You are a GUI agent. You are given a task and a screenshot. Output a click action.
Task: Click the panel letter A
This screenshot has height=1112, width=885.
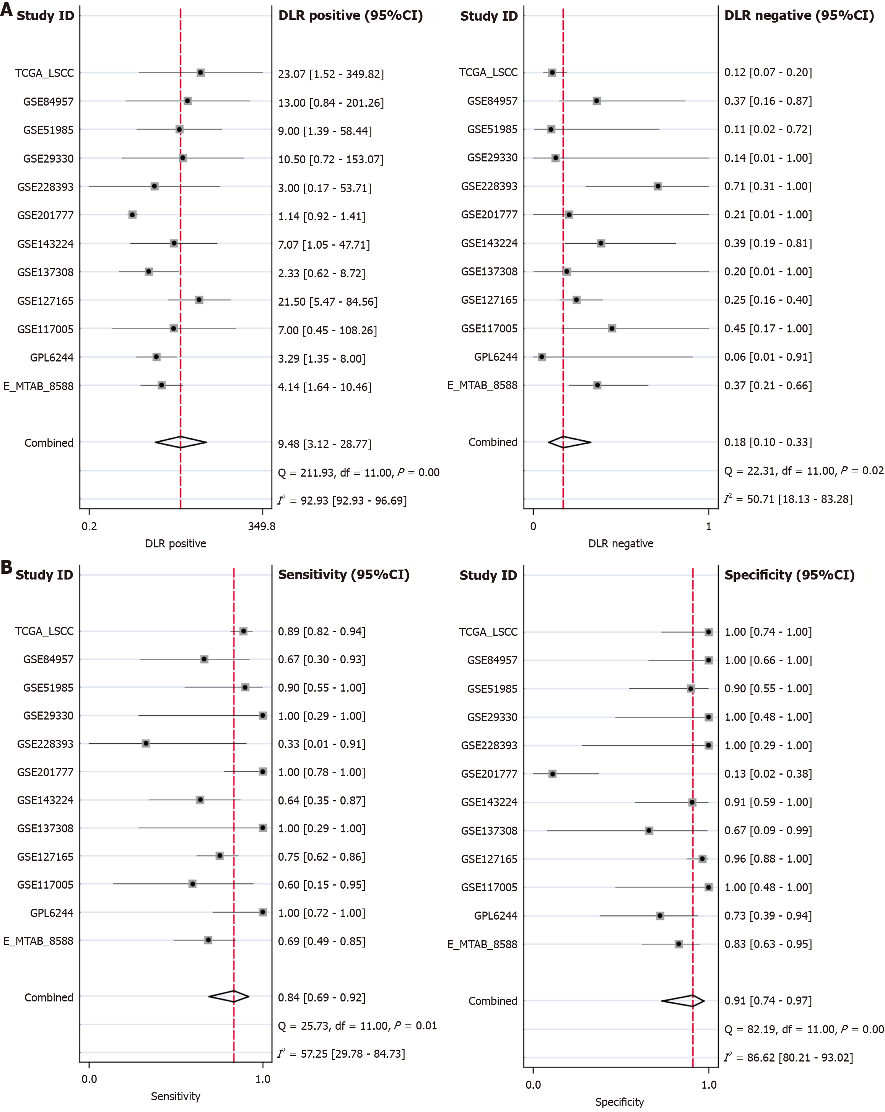click(7, 10)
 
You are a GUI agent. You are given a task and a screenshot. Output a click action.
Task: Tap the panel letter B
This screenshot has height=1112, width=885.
click(7, 567)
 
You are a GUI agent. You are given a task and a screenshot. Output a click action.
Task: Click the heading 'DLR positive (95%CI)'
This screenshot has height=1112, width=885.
click(350, 15)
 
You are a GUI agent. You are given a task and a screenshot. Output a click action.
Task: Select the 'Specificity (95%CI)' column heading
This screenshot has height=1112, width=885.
click(789, 575)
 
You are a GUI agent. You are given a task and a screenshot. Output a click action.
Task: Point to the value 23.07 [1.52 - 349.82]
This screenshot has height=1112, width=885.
click(330, 74)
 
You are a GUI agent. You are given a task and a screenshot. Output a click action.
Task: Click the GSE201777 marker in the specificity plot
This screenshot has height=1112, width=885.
click(552, 773)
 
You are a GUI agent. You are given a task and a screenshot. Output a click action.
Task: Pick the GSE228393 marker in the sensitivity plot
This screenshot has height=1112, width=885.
click(146, 743)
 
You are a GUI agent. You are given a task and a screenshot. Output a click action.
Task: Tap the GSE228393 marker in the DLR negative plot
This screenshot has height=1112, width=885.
click(657, 186)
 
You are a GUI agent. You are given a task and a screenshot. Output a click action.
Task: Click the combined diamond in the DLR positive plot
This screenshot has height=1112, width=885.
click(181, 442)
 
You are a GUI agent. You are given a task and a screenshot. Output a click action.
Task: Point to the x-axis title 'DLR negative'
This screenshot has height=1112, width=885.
click(620, 544)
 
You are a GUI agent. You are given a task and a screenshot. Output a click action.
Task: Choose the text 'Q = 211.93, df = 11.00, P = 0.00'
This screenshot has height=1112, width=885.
click(358, 472)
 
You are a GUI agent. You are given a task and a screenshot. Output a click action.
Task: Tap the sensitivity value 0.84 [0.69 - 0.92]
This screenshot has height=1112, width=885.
click(321, 998)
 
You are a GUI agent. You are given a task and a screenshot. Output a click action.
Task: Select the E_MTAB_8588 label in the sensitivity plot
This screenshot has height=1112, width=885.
click(39, 941)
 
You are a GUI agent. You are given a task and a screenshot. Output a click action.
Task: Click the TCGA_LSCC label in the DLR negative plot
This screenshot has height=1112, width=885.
click(488, 72)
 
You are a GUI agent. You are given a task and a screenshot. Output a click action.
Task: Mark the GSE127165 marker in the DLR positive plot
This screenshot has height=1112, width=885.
click(199, 300)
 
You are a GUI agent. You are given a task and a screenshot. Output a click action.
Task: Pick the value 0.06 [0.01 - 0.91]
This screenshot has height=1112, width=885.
click(768, 357)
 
